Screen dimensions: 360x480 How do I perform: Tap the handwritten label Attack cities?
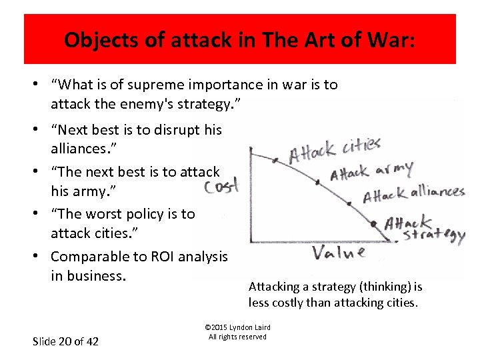pos(334,151)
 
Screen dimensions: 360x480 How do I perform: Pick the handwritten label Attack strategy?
pos(424,229)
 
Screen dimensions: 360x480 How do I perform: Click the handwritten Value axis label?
pos(339,252)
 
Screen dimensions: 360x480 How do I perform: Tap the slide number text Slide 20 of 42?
pos(65,341)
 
